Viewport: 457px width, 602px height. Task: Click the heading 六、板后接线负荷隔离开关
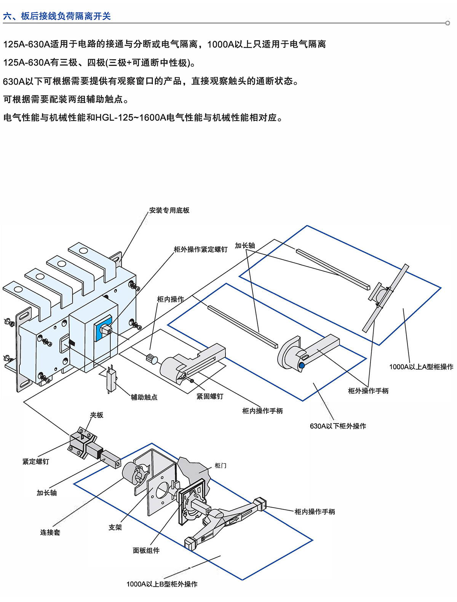coord(57,16)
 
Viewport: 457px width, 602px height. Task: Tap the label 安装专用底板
coord(169,210)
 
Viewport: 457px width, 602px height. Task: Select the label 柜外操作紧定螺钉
coord(200,249)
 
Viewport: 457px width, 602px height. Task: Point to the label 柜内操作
coord(170,299)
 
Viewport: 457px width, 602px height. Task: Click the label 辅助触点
coord(144,397)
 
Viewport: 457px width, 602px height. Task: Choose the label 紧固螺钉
coord(210,396)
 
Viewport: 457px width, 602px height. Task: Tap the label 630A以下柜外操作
coord(338,426)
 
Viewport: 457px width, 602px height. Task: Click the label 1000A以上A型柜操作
coord(421,367)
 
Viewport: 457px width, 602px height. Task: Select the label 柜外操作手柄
coord(368,391)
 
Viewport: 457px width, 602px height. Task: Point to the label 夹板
coord(96,415)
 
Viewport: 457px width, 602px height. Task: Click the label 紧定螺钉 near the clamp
coord(36,461)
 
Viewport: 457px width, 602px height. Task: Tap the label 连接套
coord(50,532)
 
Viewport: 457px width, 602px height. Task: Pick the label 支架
coord(115,527)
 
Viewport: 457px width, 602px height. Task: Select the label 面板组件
coord(146,551)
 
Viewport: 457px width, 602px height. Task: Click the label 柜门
coord(221,465)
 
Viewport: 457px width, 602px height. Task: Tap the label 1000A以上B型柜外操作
coord(162,584)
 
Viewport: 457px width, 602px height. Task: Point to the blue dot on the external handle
coord(302,366)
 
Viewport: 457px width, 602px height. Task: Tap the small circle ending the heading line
coord(447,23)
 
